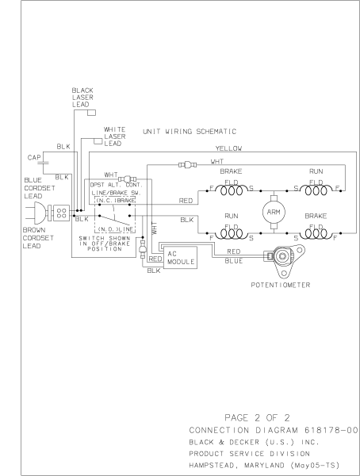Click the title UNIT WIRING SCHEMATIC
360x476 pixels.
(x=191, y=131)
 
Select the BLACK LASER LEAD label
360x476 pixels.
(x=82, y=96)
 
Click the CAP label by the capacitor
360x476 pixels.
(x=24, y=158)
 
